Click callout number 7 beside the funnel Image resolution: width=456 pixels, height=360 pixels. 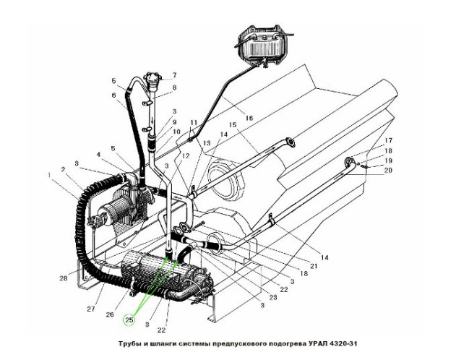(x=174, y=75)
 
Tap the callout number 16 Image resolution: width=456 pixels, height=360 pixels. (x=249, y=117)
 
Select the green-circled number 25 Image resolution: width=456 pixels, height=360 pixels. (x=130, y=318)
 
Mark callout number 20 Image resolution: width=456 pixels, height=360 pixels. (x=388, y=170)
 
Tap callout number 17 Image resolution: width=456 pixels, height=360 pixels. (x=387, y=140)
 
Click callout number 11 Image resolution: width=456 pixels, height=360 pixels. (x=193, y=123)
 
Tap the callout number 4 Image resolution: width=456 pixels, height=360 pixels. (x=98, y=154)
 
